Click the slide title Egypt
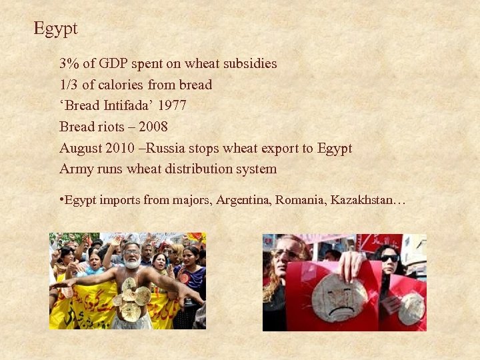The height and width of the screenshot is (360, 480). coord(55,29)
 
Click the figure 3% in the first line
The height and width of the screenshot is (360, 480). coord(69,64)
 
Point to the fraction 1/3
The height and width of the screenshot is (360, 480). coord(69,85)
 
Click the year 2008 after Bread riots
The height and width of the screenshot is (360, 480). coord(153,127)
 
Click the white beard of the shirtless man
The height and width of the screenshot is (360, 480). coord(133,263)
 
